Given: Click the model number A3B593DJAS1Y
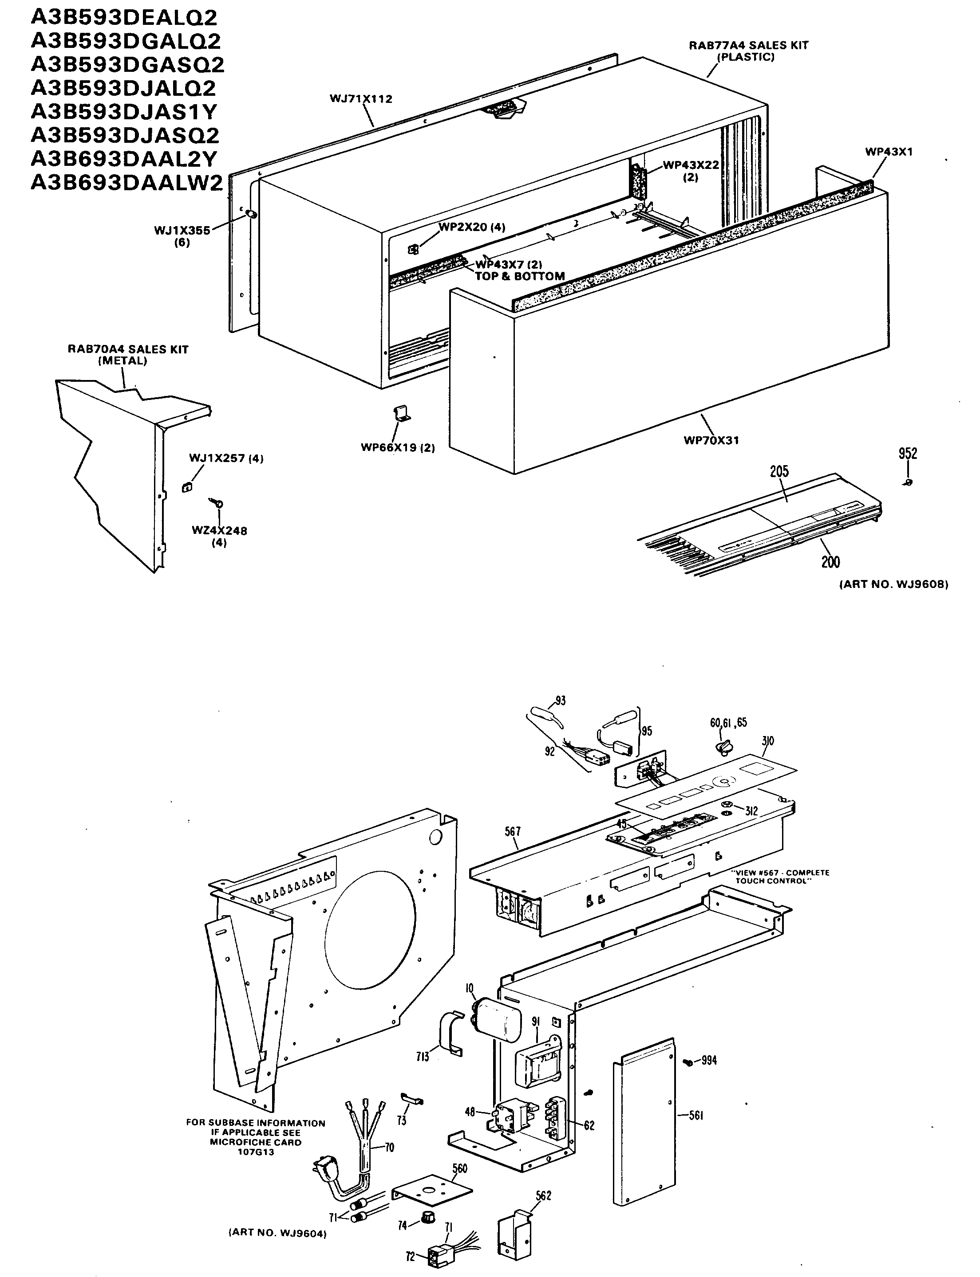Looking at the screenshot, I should click(124, 111).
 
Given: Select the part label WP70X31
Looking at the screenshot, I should click(711, 441).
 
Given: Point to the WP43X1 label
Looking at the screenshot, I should click(889, 152).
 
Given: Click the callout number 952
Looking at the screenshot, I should click(908, 454).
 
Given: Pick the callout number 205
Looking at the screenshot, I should click(779, 471).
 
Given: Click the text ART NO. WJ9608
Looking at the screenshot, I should click(893, 584).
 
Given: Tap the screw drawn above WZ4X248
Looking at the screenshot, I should click(216, 502).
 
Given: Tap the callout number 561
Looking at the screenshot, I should click(695, 1116).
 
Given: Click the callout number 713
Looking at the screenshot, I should click(423, 1056).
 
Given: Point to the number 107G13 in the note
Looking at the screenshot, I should click(256, 1152).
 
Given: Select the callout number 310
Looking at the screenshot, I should click(768, 741).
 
